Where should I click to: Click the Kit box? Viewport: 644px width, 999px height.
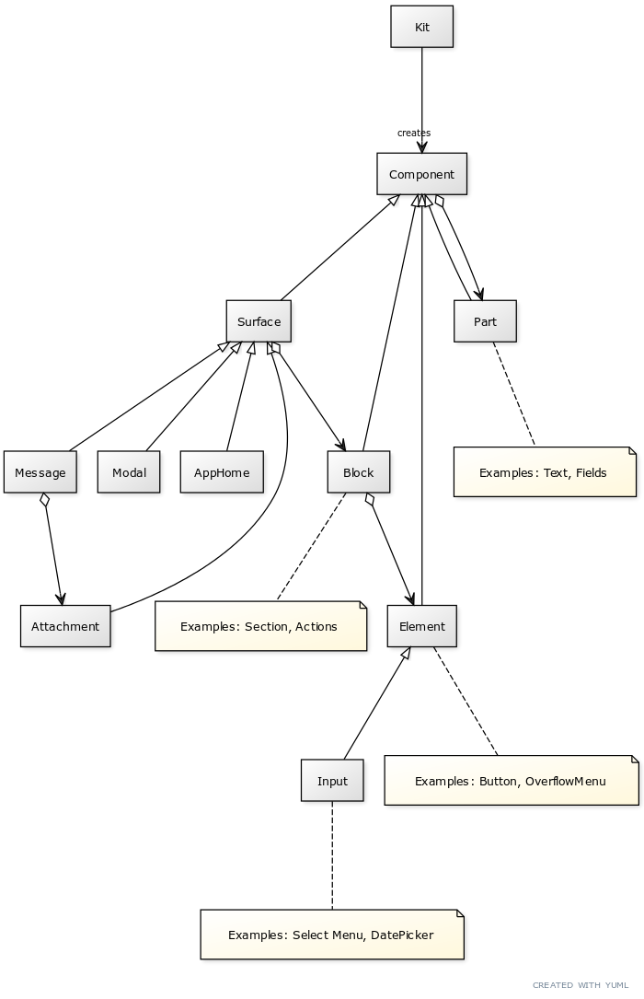click(421, 27)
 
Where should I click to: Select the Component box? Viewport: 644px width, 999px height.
click(421, 174)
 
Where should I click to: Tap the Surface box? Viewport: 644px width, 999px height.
click(259, 321)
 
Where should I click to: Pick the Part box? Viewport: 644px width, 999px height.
click(485, 321)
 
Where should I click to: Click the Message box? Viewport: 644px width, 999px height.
click(40, 472)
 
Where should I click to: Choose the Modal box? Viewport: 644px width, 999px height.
click(129, 472)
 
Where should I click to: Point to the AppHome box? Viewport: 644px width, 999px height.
click(222, 472)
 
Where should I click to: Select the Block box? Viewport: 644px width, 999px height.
click(358, 472)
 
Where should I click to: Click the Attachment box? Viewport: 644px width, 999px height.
click(65, 626)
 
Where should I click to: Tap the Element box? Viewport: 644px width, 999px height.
click(422, 626)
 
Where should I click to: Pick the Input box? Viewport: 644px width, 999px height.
click(332, 781)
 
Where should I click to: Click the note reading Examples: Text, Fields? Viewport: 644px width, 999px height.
click(544, 472)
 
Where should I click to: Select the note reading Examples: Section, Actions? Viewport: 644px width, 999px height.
click(259, 626)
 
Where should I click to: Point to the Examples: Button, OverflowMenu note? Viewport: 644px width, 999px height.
click(511, 781)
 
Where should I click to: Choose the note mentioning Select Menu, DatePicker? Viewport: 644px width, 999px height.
click(331, 935)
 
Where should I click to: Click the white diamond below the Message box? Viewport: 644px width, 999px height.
click(44, 500)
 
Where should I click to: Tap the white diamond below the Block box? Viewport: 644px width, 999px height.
click(370, 500)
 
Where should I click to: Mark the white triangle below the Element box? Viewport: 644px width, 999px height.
click(405, 654)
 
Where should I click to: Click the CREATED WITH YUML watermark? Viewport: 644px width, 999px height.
click(581, 985)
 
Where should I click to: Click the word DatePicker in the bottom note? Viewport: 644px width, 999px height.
click(402, 935)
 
